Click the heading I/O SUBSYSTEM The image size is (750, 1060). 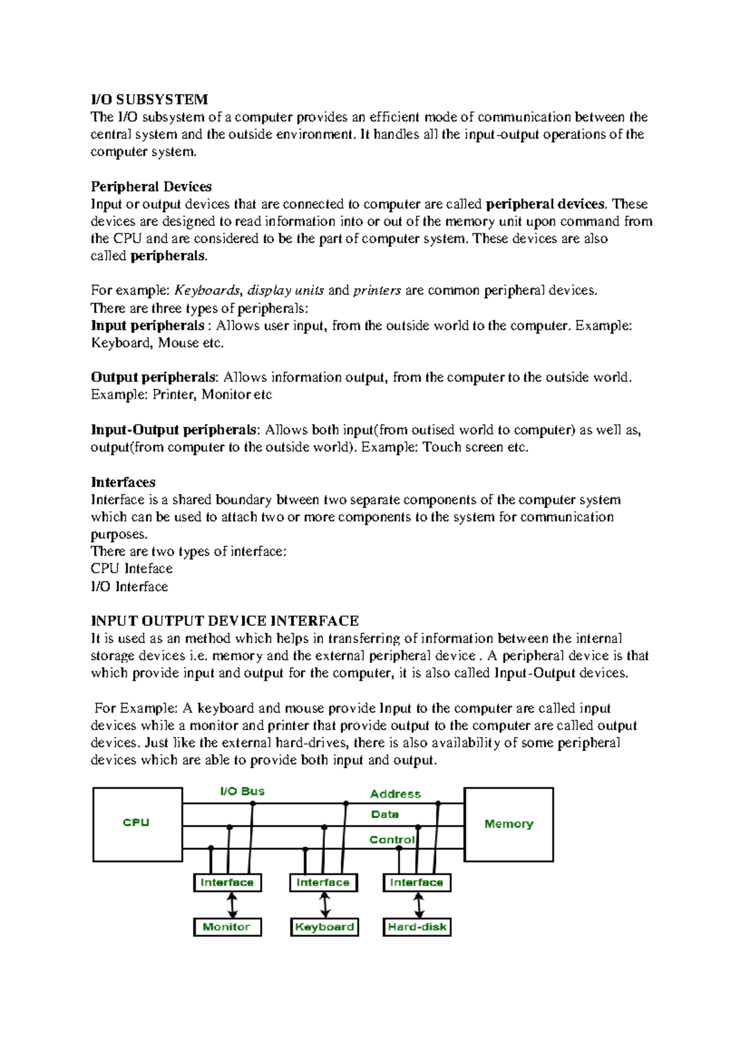pyautogui.click(x=149, y=99)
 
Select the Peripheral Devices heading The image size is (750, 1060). pyautogui.click(x=151, y=186)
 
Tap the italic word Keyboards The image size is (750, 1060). pyautogui.click(x=207, y=290)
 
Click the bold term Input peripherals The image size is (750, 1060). pyautogui.click(x=147, y=326)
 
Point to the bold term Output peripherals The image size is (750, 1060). pyautogui.click(x=154, y=377)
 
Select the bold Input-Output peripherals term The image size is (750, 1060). pyautogui.click(x=174, y=430)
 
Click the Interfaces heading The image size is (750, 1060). pyautogui.click(x=123, y=482)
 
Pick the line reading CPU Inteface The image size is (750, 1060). pyautogui.click(x=131, y=569)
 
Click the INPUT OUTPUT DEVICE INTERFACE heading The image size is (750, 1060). pyautogui.click(x=225, y=621)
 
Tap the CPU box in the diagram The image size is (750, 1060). pyautogui.click(x=137, y=823)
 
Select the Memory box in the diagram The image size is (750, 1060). pyautogui.click(x=508, y=824)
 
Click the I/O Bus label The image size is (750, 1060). pyautogui.click(x=242, y=791)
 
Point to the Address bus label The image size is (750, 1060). pyautogui.click(x=395, y=794)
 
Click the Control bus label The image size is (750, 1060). pyautogui.click(x=391, y=840)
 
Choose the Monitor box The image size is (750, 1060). pyautogui.click(x=227, y=927)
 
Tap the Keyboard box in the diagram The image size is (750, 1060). pyautogui.click(x=324, y=927)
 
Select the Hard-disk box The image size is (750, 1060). pyautogui.click(x=417, y=927)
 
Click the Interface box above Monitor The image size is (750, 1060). pyautogui.click(x=227, y=882)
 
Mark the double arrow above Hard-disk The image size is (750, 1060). pyautogui.click(x=419, y=905)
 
